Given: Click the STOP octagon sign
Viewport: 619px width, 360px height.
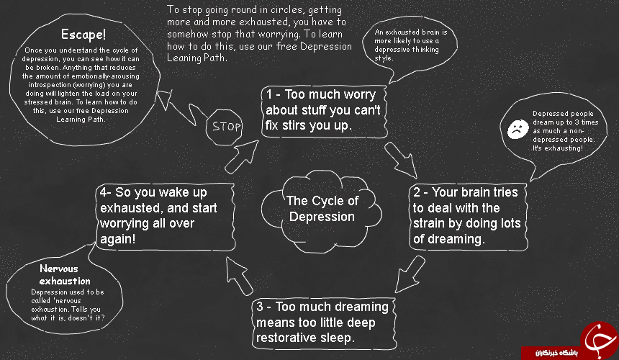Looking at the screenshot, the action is (225, 127).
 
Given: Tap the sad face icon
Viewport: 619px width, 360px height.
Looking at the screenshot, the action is (518, 129).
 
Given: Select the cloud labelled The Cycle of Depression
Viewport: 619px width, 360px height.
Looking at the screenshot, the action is (321, 211).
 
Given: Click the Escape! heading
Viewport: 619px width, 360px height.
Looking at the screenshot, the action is (83, 35).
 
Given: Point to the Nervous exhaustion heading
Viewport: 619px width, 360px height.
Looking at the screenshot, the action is (65, 275).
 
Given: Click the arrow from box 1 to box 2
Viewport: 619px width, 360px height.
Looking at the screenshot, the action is (400, 161).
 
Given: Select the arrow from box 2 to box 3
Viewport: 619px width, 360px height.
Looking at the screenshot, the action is (410, 274).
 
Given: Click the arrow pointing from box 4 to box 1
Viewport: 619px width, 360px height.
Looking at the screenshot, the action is (242, 157).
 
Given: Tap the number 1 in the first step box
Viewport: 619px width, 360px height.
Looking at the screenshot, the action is (269, 95).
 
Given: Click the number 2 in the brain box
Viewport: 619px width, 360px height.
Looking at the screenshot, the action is (417, 192).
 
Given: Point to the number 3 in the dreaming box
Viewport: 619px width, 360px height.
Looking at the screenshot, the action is (260, 307).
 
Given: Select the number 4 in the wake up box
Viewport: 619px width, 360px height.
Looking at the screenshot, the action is (104, 192).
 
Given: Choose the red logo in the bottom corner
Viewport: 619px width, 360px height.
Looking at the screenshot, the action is (599, 340).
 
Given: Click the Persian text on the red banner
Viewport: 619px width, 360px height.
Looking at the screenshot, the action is (556, 353).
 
